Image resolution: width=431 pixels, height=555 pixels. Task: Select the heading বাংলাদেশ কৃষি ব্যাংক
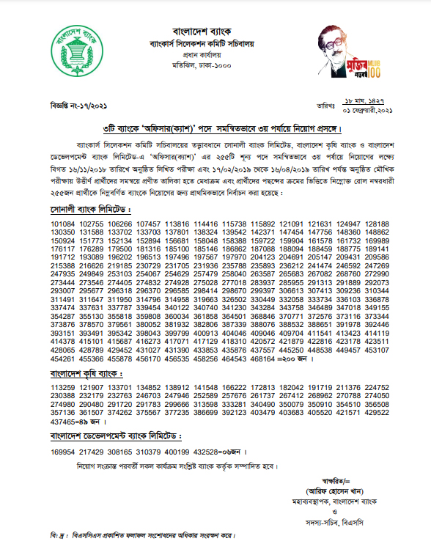tap(86, 374)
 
